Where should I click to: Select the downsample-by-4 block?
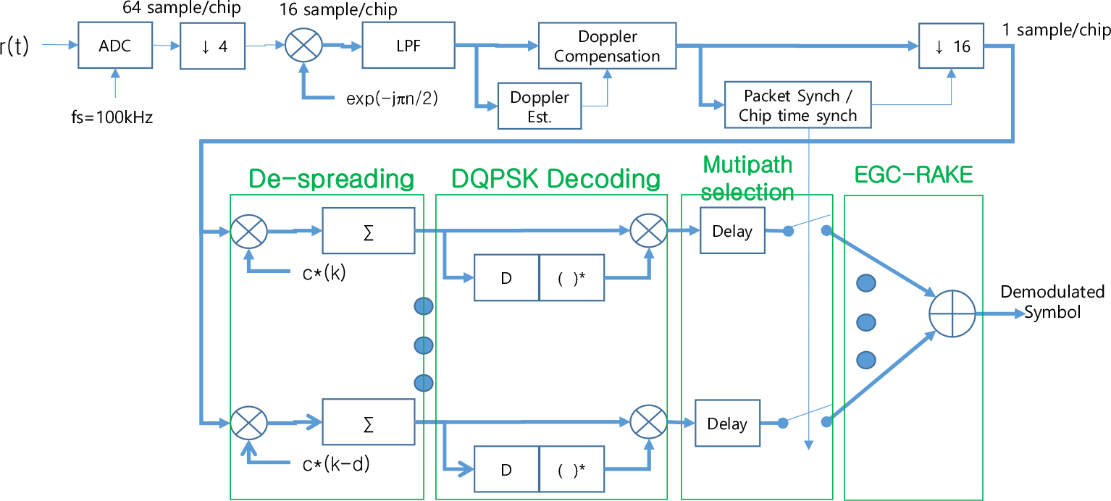click(x=213, y=46)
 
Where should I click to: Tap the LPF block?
click(x=408, y=46)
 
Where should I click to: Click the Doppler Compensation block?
click(x=607, y=46)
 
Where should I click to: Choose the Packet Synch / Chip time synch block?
click(x=797, y=106)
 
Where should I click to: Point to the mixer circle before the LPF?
click(x=303, y=46)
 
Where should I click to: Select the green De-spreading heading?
click(x=330, y=178)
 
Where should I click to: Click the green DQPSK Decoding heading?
click(x=555, y=178)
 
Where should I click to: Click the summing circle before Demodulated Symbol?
click(x=951, y=314)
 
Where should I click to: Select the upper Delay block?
click(x=732, y=231)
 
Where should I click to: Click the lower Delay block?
click(x=726, y=423)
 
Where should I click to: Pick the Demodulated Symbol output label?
click(x=1052, y=302)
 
